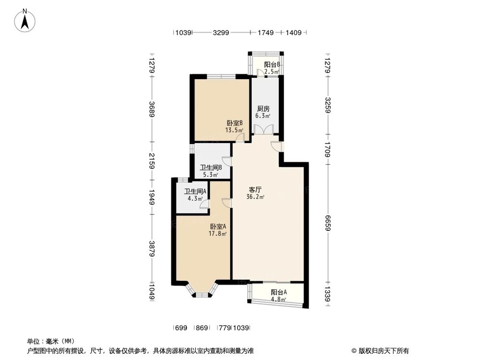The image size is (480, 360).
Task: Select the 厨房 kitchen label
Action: [x=263, y=108]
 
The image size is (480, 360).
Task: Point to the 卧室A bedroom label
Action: [x=217, y=227]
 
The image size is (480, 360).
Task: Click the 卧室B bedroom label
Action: [x=235, y=123]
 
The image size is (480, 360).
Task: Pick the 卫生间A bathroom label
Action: [x=195, y=191]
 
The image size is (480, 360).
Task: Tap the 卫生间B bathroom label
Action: [x=210, y=168]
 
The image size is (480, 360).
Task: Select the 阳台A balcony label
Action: [x=278, y=292]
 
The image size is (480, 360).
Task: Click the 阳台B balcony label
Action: [x=272, y=65]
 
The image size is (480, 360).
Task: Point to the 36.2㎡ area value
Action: [x=255, y=197]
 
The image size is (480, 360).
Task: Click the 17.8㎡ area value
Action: [x=217, y=234]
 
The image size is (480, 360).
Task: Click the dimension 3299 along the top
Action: [x=221, y=33]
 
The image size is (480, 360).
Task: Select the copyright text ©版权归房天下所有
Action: [x=380, y=350]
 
